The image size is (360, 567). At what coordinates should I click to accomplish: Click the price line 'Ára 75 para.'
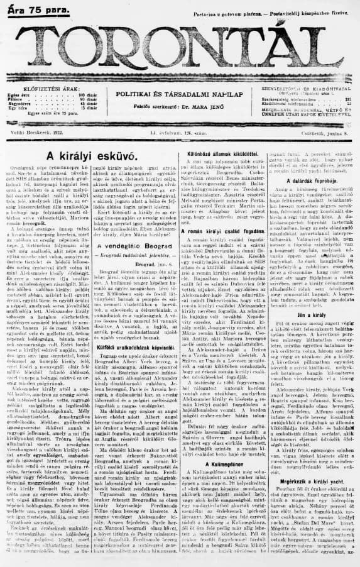31,8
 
